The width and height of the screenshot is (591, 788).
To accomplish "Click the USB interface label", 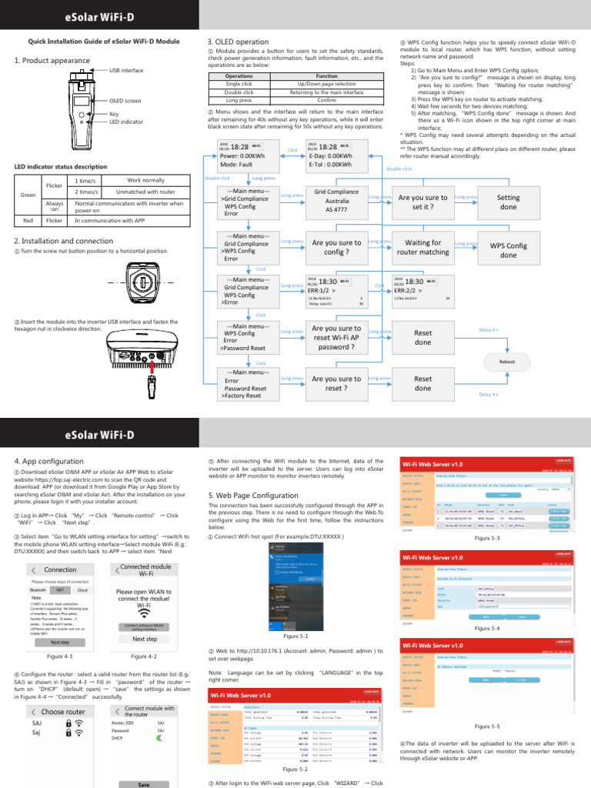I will point(126,70).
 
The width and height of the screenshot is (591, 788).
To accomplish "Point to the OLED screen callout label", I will point(125,100).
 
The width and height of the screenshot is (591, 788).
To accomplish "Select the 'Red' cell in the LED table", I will point(28,220).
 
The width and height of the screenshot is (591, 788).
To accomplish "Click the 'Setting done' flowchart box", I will point(509,202).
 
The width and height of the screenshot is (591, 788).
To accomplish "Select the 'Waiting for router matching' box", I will point(422,247).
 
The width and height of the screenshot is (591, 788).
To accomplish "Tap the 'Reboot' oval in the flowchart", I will point(507,361).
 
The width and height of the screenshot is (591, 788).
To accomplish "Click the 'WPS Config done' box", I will point(509,250).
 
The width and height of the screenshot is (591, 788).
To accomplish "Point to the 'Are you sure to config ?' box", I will point(336,247).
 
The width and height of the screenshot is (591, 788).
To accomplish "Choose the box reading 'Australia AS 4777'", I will point(336,202).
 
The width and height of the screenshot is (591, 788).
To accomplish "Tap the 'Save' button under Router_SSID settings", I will point(143,783).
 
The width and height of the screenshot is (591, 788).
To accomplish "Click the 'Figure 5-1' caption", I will point(295,636).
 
